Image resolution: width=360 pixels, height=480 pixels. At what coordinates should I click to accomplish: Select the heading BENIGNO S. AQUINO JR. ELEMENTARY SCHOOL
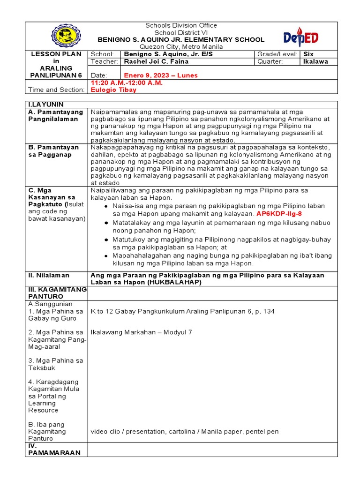(x=181, y=40)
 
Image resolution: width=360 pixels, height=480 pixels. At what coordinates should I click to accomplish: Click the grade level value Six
(x=308, y=54)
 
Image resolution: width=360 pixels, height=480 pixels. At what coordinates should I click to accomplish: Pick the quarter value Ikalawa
(x=316, y=61)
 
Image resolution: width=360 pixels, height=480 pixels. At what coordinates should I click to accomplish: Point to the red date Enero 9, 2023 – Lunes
(x=161, y=75)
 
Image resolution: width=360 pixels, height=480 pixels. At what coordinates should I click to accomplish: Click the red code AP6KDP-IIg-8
(x=279, y=213)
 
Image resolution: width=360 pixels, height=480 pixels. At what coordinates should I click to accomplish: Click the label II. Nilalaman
(x=49, y=275)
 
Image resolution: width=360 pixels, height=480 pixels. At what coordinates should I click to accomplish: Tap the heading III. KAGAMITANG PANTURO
(x=57, y=293)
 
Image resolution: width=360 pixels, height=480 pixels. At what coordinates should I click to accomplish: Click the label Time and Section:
(x=56, y=90)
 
